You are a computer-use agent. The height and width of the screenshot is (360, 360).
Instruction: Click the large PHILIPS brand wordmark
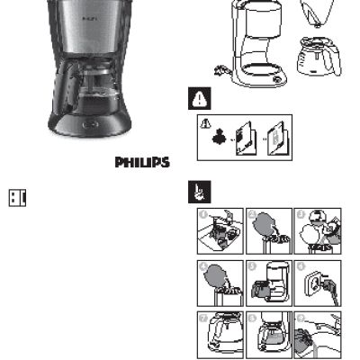point(142,163)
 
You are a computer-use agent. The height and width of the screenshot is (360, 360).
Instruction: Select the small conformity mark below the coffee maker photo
point(17,197)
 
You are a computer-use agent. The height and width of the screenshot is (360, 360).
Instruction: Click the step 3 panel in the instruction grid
point(319,229)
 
